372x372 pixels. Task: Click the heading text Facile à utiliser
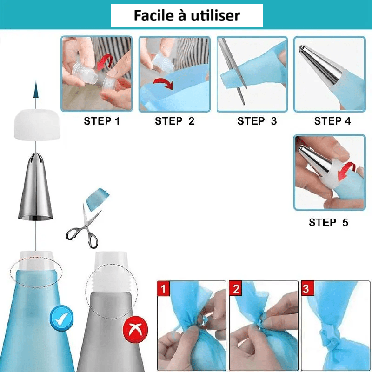point(187,16)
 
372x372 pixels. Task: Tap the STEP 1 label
point(101,121)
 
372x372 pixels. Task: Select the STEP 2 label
point(175,121)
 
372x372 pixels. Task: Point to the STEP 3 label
point(257,121)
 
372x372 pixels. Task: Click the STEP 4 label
point(332,121)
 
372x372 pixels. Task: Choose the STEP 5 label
point(328,223)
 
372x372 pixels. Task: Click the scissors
point(83,227)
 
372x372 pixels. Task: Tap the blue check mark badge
point(61,319)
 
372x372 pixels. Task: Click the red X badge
point(135,330)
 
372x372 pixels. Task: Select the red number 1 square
point(163,288)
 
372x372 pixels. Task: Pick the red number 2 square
point(235,288)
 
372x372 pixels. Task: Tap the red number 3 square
point(308,288)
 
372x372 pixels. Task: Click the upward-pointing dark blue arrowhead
point(36,89)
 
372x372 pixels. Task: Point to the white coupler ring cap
point(37,124)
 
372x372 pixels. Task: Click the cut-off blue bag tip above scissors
point(97,199)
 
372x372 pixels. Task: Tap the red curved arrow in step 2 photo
point(163,84)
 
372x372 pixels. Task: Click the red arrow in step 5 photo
point(346,171)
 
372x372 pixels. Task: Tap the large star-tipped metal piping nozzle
point(36,187)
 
